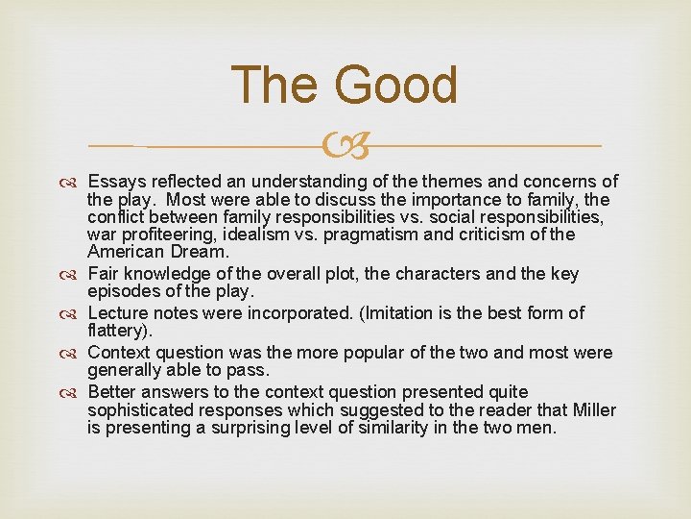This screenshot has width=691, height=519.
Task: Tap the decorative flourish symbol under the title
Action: point(345,145)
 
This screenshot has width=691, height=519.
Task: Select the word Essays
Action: point(115,182)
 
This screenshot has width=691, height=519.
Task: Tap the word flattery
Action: point(117,332)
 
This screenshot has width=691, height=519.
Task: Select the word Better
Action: point(111,392)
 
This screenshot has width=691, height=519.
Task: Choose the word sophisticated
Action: point(144,410)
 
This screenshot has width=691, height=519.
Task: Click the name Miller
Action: point(593,410)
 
